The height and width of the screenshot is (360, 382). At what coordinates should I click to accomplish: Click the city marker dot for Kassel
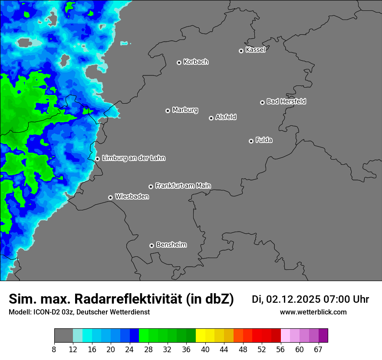[x=241, y=51]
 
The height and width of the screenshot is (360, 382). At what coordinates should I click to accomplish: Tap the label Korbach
[x=196, y=62]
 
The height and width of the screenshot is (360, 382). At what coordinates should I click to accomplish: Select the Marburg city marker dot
[x=168, y=111]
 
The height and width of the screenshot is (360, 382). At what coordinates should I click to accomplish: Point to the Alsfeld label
[x=226, y=117]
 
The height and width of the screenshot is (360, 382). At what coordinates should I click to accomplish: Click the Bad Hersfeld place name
[x=286, y=101]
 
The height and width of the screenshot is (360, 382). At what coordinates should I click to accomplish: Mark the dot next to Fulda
[x=251, y=141]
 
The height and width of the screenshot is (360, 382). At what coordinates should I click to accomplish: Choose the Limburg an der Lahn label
[x=133, y=158]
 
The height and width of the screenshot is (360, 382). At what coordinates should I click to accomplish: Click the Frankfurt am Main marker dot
[x=151, y=187]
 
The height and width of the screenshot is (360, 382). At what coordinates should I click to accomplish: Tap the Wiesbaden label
[x=132, y=196]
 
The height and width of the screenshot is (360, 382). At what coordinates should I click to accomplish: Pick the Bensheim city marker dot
[x=151, y=245]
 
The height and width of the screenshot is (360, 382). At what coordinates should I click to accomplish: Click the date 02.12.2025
[x=293, y=299]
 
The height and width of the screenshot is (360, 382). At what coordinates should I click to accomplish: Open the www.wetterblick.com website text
[x=313, y=312]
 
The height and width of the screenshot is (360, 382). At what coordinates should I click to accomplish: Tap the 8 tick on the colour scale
[x=54, y=350]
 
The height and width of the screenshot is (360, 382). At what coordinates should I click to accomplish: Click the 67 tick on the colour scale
[x=318, y=350]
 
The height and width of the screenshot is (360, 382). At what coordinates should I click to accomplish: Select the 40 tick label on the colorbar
[x=205, y=350]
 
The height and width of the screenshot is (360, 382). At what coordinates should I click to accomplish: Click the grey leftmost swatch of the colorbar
[x=63, y=336]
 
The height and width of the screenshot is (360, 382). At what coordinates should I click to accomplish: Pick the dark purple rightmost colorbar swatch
[x=323, y=336]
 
